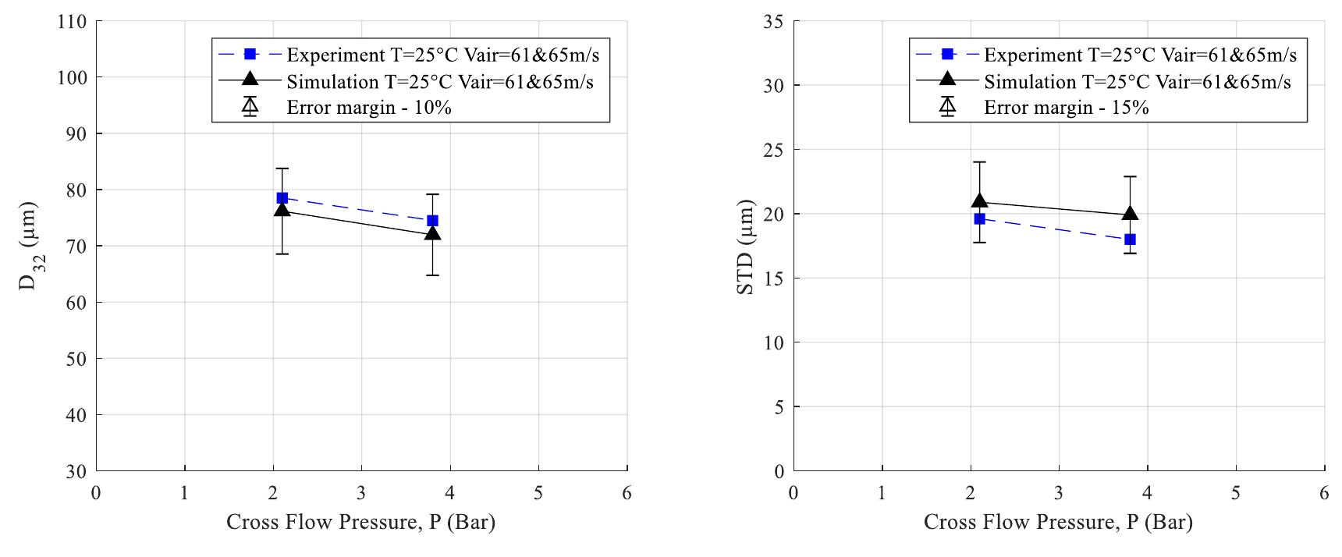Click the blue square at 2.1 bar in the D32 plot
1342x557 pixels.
click(282, 198)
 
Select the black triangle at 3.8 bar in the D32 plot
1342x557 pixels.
click(432, 233)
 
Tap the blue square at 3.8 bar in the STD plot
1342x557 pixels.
click(1130, 239)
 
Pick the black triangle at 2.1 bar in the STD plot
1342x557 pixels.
click(979, 202)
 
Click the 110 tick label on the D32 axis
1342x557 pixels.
click(72, 22)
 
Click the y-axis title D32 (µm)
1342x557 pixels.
click(28, 246)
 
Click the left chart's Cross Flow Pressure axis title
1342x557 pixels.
click(360, 522)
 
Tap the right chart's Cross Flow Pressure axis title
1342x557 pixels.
click(1058, 522)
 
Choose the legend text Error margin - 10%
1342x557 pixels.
click(368, 108)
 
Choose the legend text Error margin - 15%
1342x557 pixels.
click(1066, 108)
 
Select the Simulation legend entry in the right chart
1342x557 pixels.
click(1137, 81)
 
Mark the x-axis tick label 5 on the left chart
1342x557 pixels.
click(538, 493)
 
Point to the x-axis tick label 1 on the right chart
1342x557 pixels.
click(882, 493)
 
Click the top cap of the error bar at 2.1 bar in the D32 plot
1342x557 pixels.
click(282, 169)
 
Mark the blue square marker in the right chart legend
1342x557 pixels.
click(947, 54)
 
